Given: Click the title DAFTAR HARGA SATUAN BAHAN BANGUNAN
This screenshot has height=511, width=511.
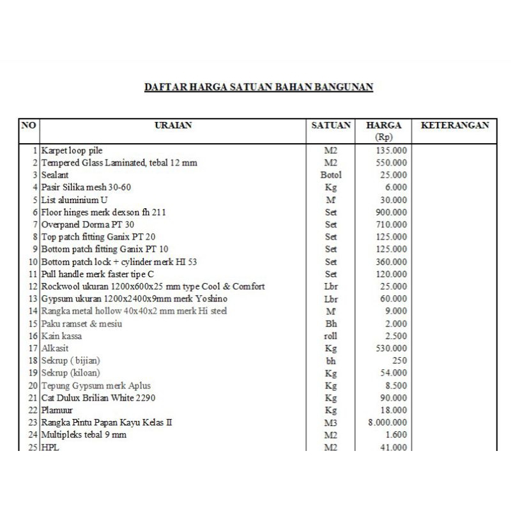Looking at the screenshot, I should tap(258, 87).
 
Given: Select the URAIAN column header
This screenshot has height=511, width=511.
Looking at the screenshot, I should tap(173, 126).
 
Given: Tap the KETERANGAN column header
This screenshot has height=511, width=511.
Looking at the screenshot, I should tap(455, 126).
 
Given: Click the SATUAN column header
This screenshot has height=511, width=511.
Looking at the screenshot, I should tap(331, 126).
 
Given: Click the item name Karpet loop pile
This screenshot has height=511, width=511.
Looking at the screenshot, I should tap(72, 150).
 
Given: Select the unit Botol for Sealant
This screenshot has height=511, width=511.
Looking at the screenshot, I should tap(331, 175).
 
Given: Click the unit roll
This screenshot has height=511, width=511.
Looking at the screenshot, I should tap(331, 336).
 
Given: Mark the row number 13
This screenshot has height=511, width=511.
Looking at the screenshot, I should tap(34, 299).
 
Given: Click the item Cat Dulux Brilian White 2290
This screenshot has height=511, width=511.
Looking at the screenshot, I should tap(98, 397).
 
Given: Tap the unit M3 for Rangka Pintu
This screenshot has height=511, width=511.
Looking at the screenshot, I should tap(331, 422).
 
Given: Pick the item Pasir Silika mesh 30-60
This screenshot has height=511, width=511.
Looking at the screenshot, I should tap(86, 187).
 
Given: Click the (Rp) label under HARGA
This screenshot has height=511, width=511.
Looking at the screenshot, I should tap(384, 137).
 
